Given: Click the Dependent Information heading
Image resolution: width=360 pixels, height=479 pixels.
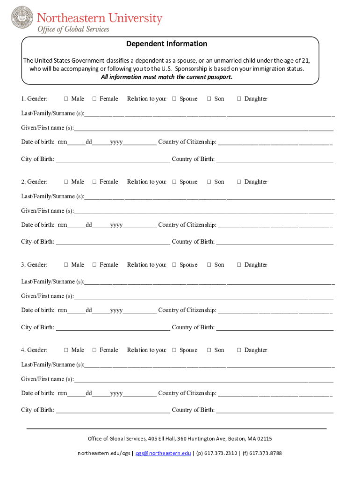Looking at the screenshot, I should [x=166, y=44].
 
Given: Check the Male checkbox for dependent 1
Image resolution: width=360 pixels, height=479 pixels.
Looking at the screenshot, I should [x=66, y=99].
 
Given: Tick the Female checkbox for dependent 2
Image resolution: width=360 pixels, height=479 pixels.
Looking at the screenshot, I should [x=94, y=182].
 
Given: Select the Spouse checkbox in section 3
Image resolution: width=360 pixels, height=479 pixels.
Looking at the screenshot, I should [x=174, y=265].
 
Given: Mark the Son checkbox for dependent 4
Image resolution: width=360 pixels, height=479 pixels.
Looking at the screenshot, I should [x=209, y=350].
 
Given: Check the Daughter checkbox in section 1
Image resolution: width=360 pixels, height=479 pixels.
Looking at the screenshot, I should [x=239, y=99].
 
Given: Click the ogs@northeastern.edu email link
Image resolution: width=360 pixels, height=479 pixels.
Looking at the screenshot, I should [x=163, y=453].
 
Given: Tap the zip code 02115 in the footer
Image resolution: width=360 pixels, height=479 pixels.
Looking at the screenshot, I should [x=264, y=439].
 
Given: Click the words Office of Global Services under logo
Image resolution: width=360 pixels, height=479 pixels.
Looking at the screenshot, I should [x=73, y=29].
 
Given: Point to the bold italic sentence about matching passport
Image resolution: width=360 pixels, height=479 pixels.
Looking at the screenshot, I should [x=166, y=77].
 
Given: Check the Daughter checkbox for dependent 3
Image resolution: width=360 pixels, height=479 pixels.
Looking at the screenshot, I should [x=239, y=265].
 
